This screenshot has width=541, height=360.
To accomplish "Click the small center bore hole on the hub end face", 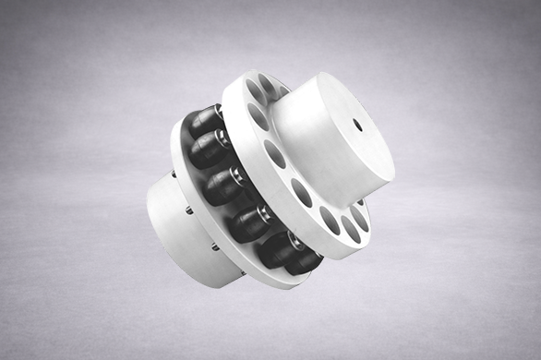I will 358,122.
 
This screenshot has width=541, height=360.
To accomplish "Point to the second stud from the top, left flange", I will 188,210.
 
